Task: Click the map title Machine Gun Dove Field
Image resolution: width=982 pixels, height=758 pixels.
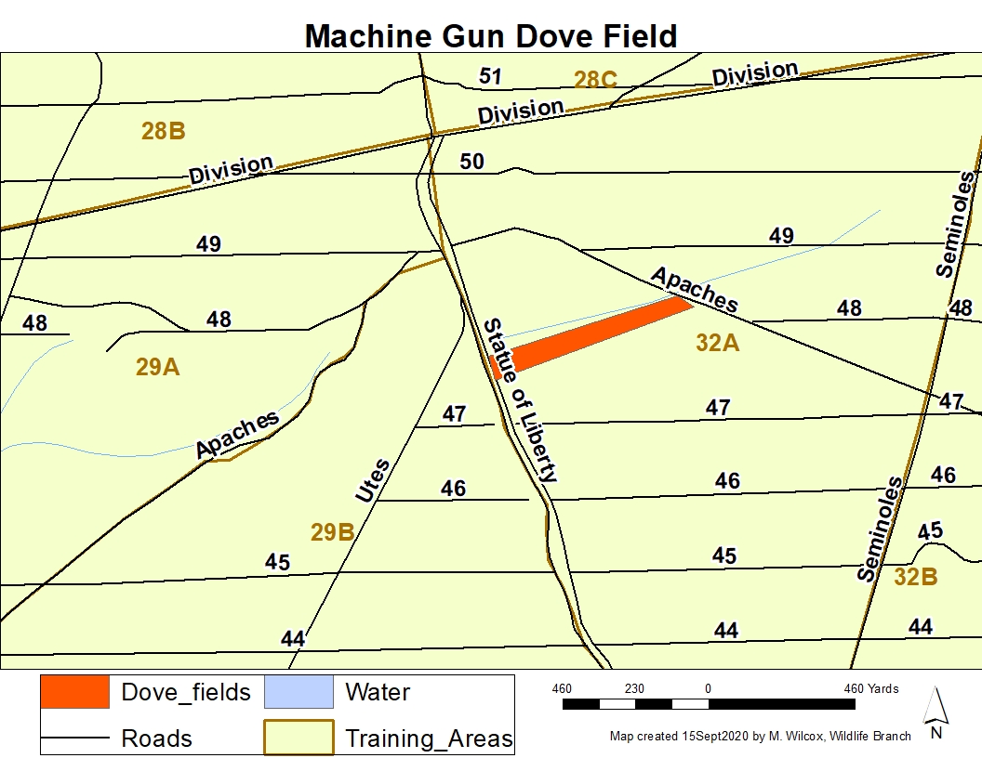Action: click(x=491, y=35)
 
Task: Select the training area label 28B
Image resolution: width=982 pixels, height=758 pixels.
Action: click(x=164, y=131)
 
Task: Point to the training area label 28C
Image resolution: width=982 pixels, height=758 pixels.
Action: click(x=595, y=80)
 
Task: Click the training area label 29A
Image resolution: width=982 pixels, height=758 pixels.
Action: click(x=157, y=367)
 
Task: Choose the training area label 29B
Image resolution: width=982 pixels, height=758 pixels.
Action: click(x=332, y=533)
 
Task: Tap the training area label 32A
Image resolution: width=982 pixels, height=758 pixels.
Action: click(x=717, y=344)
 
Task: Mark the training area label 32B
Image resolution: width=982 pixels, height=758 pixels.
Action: click(x=915, y=577)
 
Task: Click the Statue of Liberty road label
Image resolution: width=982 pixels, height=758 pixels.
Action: click(x=522, y=400)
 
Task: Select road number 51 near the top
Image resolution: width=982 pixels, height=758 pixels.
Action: click(x=490, y=75)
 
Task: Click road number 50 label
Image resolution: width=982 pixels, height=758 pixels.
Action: click(x=471, y=162)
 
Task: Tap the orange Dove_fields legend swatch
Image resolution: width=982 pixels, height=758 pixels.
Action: click(x=74, y=692)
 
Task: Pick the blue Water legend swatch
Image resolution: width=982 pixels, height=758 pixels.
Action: click(x=299, y=692)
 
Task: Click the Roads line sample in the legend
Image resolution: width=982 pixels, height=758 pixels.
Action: click(x=74, y=738)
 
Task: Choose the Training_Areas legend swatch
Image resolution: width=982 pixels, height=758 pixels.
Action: click(x=299, y=738)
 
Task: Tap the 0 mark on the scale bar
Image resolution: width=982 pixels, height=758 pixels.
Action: click(x=708, y=688)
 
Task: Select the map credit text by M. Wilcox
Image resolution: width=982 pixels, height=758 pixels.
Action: click(x=761, y=737)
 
